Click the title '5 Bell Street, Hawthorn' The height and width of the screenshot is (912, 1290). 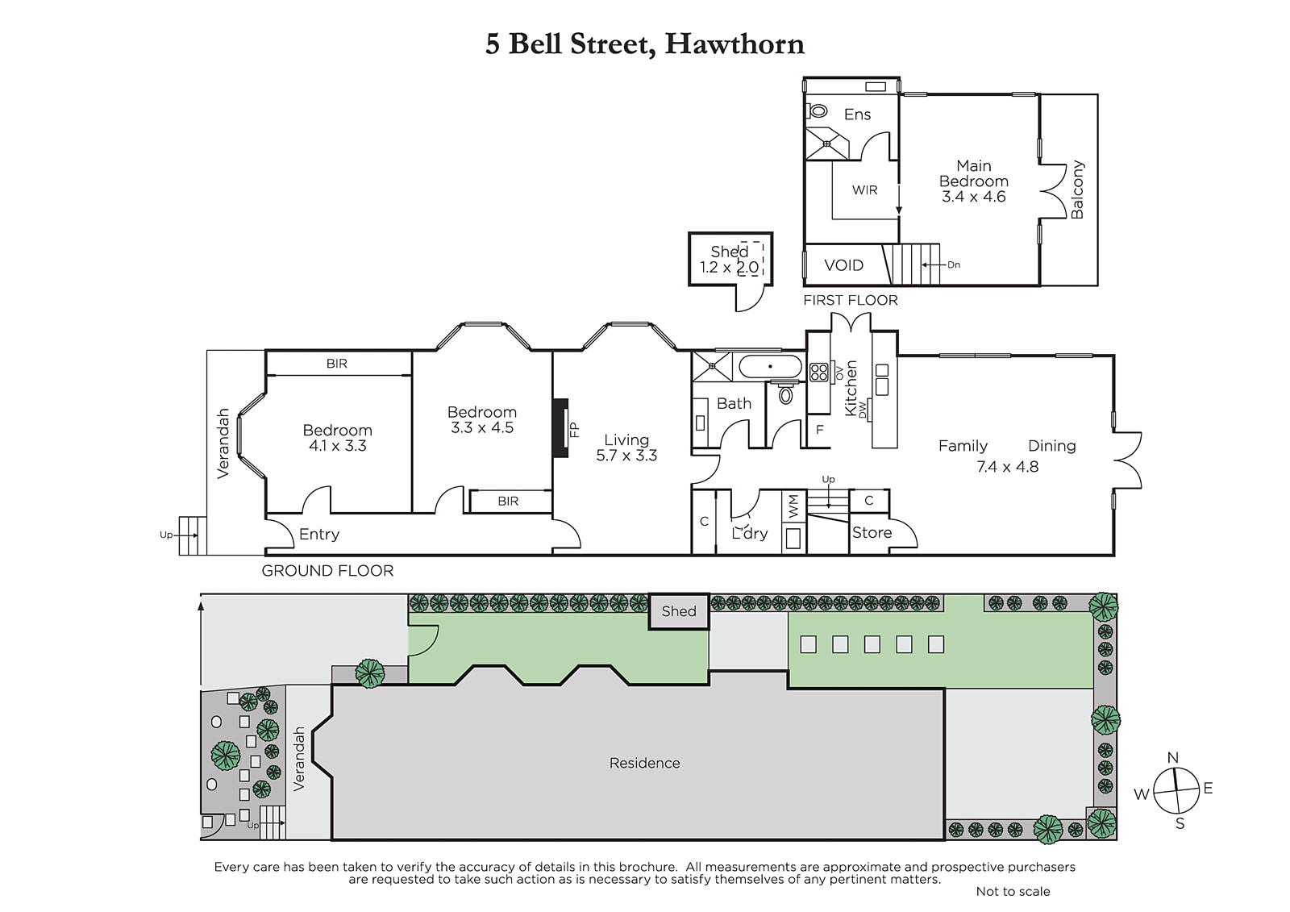tap(644, 45)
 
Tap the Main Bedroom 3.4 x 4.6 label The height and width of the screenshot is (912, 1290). tap(974, 181)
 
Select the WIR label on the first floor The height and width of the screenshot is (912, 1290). tap(864, 190)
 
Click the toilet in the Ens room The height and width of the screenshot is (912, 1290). tap(818, 110)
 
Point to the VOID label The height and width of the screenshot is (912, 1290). tap(843, 265)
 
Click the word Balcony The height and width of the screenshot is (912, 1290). tap(1077, 189)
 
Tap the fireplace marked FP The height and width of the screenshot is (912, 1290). tap(560, 428)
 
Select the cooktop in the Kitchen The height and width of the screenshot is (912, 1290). tap(819, 373)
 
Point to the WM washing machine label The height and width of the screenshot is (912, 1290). tap(793, 506)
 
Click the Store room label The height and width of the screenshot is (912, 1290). tap(872, 532)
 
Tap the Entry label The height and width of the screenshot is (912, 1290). tap(319, 535)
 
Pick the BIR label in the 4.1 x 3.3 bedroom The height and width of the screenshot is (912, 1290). tap(337, 364)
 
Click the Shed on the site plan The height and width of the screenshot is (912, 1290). tap(679, 611)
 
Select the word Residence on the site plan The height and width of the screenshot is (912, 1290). tap(644, 763)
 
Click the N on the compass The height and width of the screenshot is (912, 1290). tap(1172, 758)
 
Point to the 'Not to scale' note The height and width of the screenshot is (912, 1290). tap(1013, 891)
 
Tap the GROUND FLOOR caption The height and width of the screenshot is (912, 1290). tap(327, 571)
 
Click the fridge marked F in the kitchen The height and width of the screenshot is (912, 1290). tap(819, 429)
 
